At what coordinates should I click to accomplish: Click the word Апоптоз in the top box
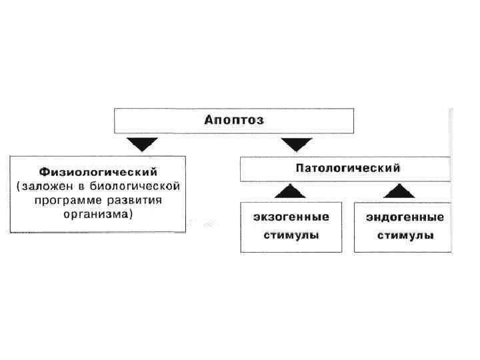pos(234,121)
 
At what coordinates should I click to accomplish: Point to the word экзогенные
pos(291,217)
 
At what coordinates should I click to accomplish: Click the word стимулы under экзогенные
pos(291,235)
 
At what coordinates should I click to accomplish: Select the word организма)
pos(97,214)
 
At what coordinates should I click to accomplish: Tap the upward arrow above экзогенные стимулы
pos(291,191)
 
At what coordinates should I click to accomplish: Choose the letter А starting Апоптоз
pos(208,121)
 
